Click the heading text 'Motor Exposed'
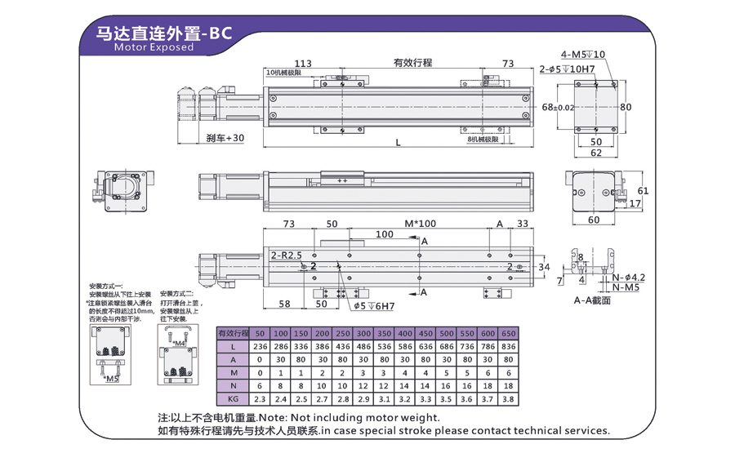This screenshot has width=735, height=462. point(154,47)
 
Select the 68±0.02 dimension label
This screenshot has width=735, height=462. point(558,107)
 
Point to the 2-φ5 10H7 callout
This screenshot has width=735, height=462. point(568,69)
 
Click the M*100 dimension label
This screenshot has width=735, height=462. point(420,224)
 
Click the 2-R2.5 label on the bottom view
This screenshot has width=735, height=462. point(286,255)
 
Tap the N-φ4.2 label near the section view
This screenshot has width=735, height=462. point(628,278)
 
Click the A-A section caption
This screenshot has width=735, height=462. point(591,300)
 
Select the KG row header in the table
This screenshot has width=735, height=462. point(234,399)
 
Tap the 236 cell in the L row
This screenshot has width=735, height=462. point(260,347)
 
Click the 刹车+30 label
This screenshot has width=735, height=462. point(225,138)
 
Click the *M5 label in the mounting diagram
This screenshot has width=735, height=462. point(112,379)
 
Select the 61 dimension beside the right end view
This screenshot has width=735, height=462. point(642,190)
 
